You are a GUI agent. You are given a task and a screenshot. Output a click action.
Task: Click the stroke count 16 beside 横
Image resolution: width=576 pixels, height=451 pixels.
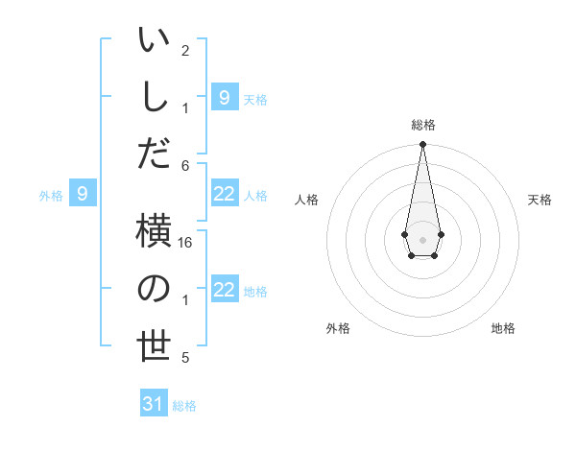186,243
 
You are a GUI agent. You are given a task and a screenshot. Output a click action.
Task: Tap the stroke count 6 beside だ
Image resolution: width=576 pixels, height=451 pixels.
186,164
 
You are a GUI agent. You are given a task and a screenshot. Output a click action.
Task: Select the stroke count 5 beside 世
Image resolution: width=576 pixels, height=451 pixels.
185,358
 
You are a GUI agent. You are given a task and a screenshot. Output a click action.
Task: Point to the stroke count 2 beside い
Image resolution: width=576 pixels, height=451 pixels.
185,51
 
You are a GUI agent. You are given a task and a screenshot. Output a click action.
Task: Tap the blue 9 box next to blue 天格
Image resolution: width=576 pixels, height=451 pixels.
225,97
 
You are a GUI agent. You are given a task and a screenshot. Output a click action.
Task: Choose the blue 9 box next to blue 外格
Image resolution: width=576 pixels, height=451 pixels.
83,194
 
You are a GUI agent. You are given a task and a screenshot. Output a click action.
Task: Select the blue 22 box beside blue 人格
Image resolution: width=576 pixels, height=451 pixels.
225,194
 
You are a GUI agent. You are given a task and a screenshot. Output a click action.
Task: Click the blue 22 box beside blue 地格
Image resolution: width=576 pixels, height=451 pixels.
225,290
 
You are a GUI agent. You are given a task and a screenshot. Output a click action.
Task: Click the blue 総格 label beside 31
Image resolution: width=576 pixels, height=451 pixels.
184,406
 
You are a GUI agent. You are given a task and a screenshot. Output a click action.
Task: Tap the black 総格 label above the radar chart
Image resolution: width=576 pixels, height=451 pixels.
422,125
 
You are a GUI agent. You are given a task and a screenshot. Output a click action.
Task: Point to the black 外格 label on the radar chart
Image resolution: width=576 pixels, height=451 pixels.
338,328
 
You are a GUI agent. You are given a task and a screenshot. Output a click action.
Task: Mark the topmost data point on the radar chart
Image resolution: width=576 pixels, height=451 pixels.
422,145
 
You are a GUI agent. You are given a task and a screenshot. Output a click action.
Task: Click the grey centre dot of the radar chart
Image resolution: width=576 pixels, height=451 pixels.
422,238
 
